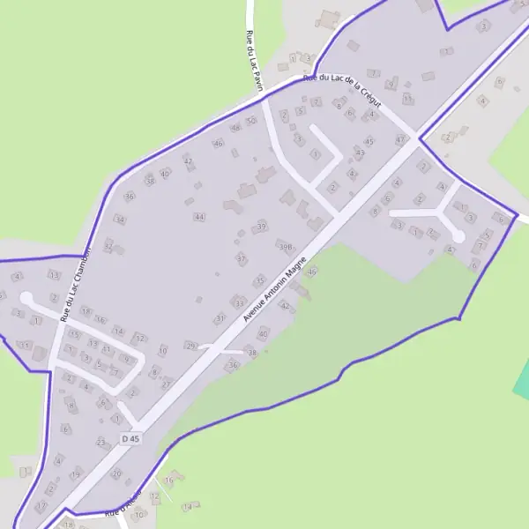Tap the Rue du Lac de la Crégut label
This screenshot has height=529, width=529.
[341, 92]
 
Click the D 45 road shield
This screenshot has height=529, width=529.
[131, 438]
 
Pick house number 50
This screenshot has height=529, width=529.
[251, 121]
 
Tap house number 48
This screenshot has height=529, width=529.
[235, 128]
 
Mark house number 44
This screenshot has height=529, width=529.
[200, 216]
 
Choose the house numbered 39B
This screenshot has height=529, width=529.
[285, 247]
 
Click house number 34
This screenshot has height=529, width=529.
[120, 220]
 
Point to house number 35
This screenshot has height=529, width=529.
[258, 279]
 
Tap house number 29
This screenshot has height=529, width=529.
[190, 345]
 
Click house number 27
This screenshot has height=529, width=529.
[166, 384]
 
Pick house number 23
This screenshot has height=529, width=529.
[101, 442]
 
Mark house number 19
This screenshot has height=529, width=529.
[76, 474]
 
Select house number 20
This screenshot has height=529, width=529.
[116, 474]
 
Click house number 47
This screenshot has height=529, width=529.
[400, 139]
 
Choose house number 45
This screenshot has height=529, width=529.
[369, 141]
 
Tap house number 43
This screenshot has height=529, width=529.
[360, 153]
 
